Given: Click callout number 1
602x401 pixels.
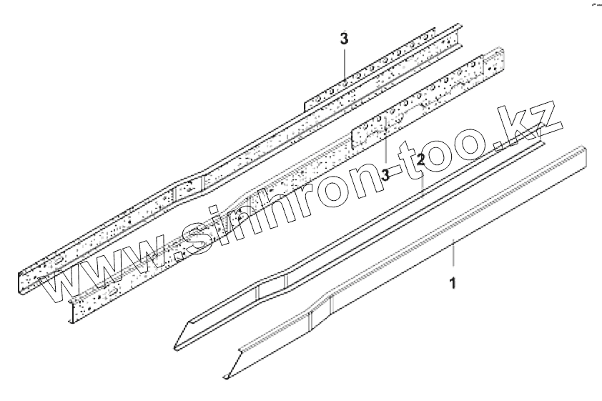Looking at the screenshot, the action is tap(452, 283).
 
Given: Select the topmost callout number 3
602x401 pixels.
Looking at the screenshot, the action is tap(344, 39).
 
